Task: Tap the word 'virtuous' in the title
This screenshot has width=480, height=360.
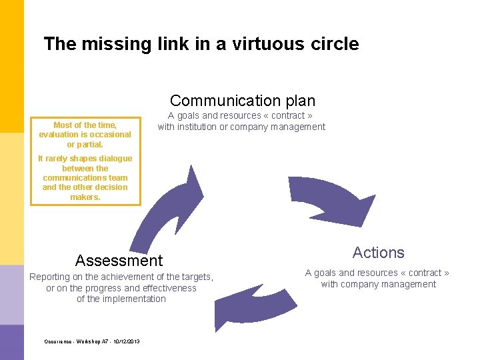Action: coord(268,45)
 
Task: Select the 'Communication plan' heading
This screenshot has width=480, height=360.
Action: coord(243,101)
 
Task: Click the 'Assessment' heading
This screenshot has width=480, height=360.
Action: coord(119,260)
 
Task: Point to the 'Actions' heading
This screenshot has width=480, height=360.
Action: coord(378,253)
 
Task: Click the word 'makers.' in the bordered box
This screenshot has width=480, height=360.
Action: coord(85,197)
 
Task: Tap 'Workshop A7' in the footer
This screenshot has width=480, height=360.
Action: coord(87,341)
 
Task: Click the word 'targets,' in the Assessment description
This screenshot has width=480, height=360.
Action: coord(197,277)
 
